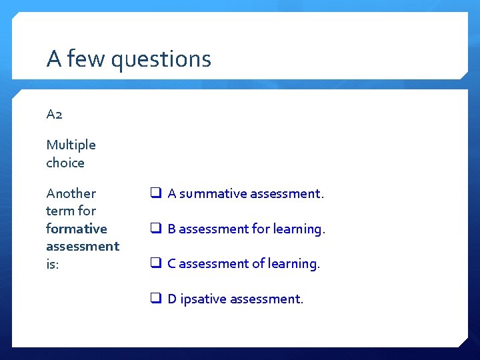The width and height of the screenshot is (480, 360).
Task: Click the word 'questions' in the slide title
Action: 161,60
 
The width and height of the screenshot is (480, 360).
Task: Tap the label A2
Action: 55,114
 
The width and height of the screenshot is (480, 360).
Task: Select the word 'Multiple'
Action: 71,145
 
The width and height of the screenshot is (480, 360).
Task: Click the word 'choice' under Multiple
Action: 65,163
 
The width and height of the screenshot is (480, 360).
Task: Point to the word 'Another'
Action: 71,193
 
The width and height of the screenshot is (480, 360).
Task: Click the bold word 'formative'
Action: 76,229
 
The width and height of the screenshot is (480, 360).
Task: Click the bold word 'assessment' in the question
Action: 82,246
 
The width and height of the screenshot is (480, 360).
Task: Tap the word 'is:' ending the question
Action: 53,264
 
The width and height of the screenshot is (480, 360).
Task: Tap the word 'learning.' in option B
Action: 299,229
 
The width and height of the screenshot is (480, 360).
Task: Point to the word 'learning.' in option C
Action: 294,264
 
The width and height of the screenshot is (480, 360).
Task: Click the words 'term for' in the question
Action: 71,211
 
